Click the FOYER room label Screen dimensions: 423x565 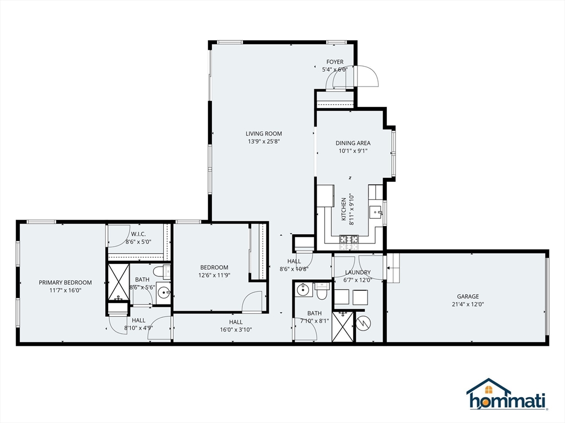point(334,62)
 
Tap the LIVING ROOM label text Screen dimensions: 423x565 point(264,133)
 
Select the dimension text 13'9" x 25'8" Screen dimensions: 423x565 point(264,141)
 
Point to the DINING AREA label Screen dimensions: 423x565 point(353,143)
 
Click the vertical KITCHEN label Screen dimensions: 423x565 point(343,209)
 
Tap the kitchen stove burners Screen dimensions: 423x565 point(349,238)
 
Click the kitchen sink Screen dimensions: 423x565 point(377,211)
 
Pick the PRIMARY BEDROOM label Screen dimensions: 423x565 point(65,283)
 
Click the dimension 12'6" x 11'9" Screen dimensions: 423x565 point(214,275)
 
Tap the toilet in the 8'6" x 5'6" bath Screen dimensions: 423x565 point(161,271)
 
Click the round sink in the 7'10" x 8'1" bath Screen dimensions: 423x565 point(301,289)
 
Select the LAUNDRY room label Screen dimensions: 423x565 point(358,272)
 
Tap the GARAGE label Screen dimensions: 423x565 point(467,296)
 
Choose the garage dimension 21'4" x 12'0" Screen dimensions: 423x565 point(467,303)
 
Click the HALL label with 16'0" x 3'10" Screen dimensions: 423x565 point(236,322)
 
